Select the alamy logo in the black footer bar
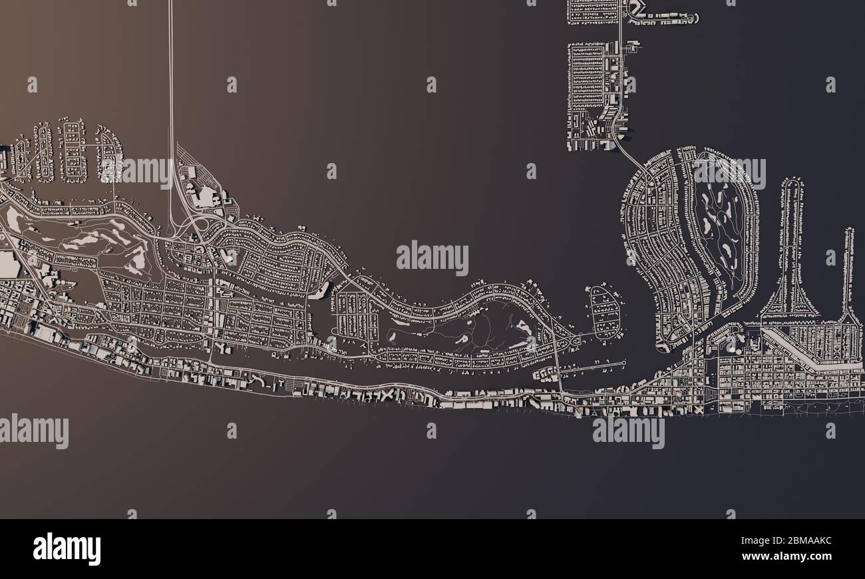click(x=67, y=549)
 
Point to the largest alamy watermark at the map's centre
click(x=432, y=258)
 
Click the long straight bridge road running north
click(x=170, y=80)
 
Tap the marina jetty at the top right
click(x=665, y=19)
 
